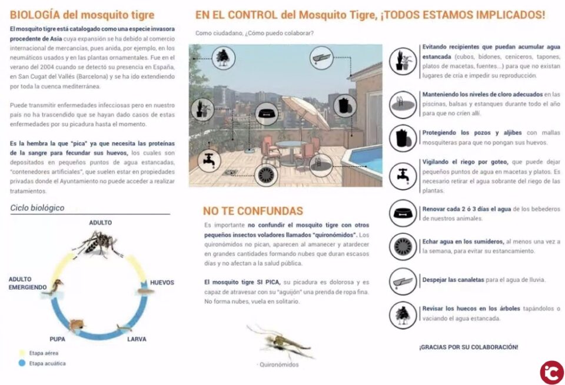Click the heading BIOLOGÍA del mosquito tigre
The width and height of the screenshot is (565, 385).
click(82, 15)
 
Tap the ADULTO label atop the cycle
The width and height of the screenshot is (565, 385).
click(101, 223)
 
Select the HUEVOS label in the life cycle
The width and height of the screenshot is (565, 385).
click(162, 283)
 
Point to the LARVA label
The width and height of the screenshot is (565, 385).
click(137, 339)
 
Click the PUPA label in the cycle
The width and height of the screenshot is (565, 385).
click(58, 339)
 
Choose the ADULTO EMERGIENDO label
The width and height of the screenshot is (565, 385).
click(28, 283)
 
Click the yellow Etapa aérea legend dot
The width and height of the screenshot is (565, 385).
click(22, 353)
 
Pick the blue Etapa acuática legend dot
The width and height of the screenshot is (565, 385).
click(22, 363)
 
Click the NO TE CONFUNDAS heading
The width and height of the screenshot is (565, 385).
click(253, 211)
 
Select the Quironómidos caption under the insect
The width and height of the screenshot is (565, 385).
click(279, 364)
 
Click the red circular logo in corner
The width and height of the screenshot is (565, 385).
click(551, 372)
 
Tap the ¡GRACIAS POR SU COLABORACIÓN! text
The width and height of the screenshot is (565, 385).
click(468, 347)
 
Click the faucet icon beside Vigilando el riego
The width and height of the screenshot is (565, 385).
click(403, 174)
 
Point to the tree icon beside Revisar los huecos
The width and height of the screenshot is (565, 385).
click(403, 314)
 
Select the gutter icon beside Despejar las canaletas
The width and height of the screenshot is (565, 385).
click(403, 280)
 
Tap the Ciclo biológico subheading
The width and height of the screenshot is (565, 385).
click(38, 208)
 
